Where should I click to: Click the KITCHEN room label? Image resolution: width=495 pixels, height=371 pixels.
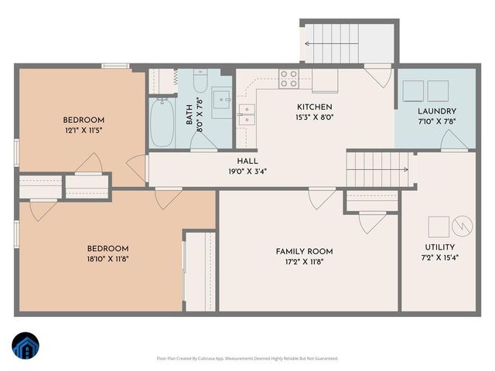coord(315,107)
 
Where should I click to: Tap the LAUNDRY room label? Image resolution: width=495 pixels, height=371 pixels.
coord(437,111)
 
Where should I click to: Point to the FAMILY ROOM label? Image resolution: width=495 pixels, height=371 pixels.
coord(304,251)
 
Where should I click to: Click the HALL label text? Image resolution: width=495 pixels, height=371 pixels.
coord(247,161)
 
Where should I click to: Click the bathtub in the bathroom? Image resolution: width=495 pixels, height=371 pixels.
coord(162,122)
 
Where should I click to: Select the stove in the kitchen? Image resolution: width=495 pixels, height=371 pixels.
coord(288,77)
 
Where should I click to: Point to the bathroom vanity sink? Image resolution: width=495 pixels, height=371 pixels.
coord(220,98)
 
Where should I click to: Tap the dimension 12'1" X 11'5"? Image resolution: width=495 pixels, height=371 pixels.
coord(84,131)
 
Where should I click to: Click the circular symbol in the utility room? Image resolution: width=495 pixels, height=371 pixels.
coord(462,225)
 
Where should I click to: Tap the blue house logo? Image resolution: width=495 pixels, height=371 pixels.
coord(26,345)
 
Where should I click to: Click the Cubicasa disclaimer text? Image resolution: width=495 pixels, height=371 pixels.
coord(247,358)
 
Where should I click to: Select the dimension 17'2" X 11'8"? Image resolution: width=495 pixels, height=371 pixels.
coord(304,262)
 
